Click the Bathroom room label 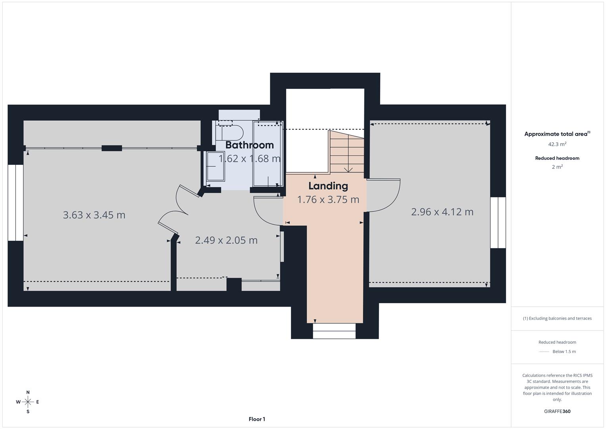click(x=249, y=145)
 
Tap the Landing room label click(x=328, y=186)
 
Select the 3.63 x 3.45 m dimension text click(x=94, y=215)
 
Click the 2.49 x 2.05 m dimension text click(x=226, y=240)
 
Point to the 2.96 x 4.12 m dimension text click(x=442, y=212)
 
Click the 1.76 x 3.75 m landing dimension click(x=328, y=199)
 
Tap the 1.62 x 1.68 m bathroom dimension click(x=249, y=159)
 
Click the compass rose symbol click(x=28, y=402)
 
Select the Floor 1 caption click(x=257, y=419)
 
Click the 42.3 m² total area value click(x=557, y=144)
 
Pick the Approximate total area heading click(x=557, y=134)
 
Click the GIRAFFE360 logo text click(x=557, y=411)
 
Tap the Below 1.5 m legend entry click(x=564, y=352)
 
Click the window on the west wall click(x=15, y=203)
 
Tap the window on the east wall click(x=498, y=222)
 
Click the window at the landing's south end click(x=334, y=330)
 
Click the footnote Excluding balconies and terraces click(x=557, y=318)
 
